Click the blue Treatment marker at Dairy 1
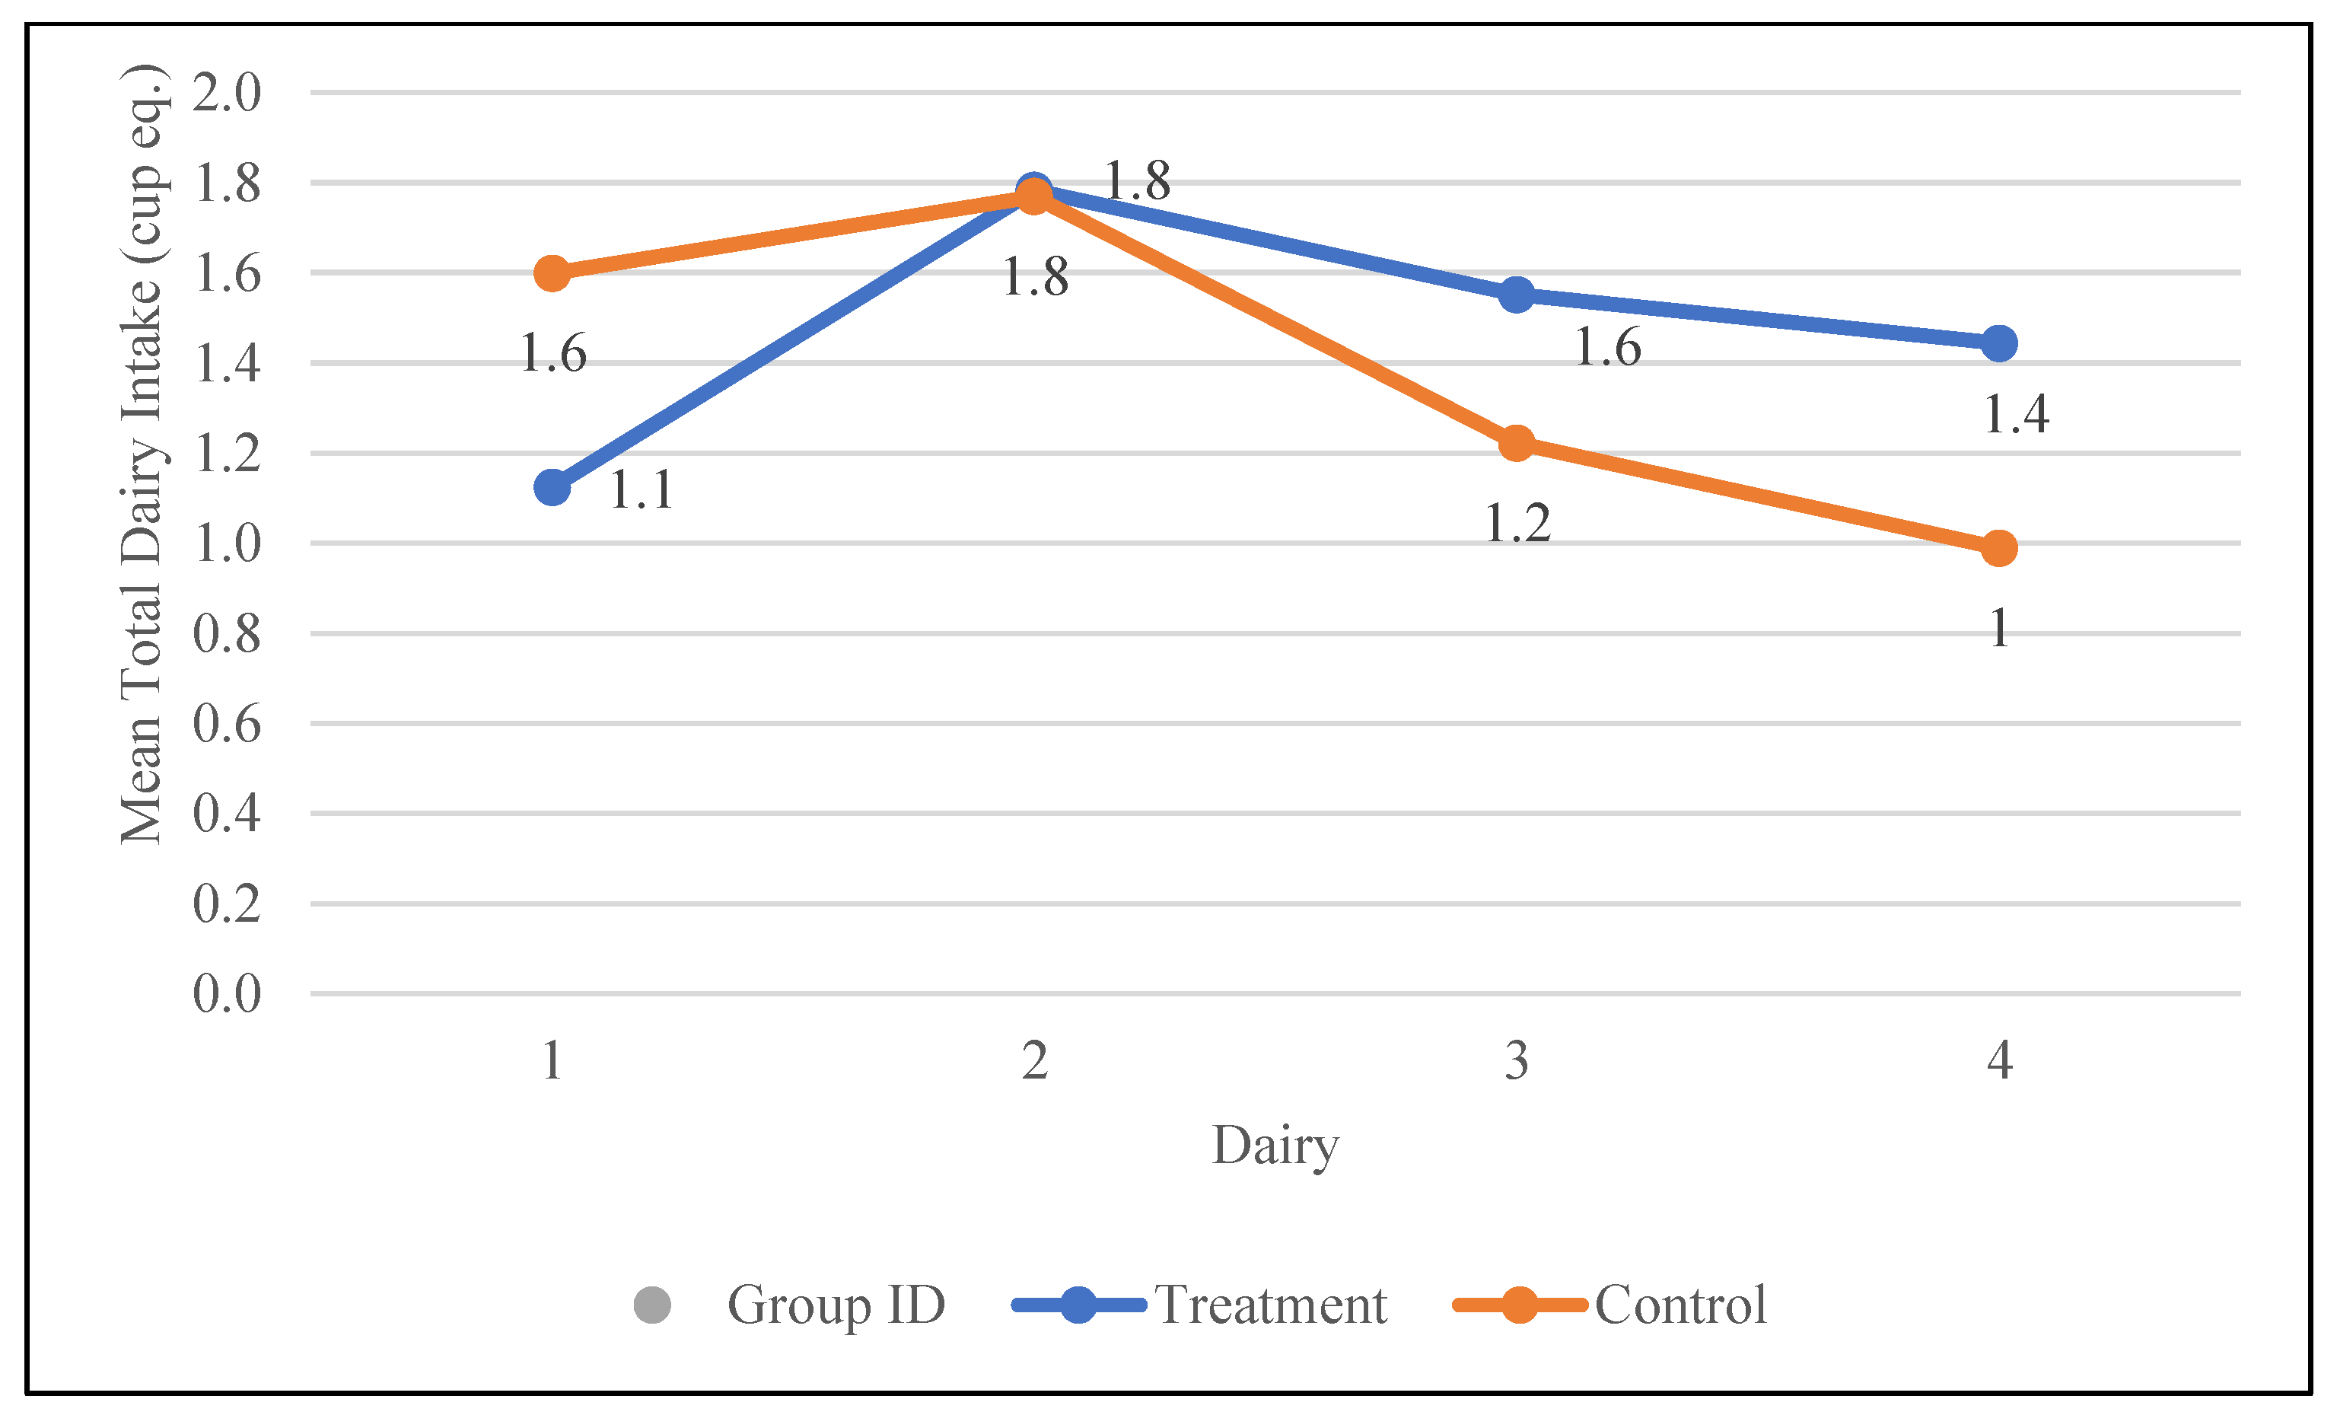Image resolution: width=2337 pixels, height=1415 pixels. (x=552, y=487)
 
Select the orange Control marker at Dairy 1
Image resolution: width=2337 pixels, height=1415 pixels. (x=552, y=274)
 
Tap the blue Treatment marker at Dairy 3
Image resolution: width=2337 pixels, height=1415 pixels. (x=1517, y=295)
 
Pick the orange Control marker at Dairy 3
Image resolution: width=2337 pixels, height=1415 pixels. (x=1517, y=443)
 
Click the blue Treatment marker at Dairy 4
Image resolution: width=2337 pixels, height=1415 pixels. (x=1999, y=343)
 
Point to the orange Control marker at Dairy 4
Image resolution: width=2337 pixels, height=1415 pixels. (x=1999, y=548)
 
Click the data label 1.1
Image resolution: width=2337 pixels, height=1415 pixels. (x=642, y=490)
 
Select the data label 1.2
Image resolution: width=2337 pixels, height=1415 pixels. (x=1517, y=524)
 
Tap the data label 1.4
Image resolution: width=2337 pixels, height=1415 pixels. (x=2017, y=414)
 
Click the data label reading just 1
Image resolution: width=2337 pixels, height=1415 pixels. (x=1999, y=628)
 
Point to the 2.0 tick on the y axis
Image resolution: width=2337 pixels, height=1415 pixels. (x=227, y=93)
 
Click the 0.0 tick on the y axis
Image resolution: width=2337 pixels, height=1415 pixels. (x=227, y=994)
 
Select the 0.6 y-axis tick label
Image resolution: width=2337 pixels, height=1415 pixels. (x=227, y=724)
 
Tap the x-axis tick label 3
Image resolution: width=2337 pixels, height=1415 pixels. (x=1517, y=1060)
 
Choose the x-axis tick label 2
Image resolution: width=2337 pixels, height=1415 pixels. (x=1035, y=1060)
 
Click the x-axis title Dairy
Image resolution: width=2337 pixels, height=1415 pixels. (x=1275, y=1146)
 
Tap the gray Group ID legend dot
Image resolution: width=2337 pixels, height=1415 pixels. (x=652, y=1305)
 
